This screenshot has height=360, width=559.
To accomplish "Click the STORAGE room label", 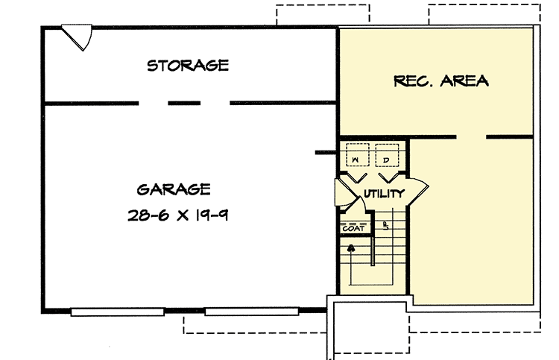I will [x=187, y=66].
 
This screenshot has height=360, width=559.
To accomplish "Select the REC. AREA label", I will [x=440, y=80].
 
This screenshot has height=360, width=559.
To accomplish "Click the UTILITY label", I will [x=384, y=194].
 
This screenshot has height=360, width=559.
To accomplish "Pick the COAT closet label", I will [x=353, y=229].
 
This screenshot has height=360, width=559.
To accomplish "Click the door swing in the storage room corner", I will [x=78, y=38].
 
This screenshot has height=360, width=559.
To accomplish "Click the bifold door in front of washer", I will [x=356, y=177].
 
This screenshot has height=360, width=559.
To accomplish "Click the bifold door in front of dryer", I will [x=388, y=177].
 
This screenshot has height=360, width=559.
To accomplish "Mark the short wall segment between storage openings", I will [x=184, y=103].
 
